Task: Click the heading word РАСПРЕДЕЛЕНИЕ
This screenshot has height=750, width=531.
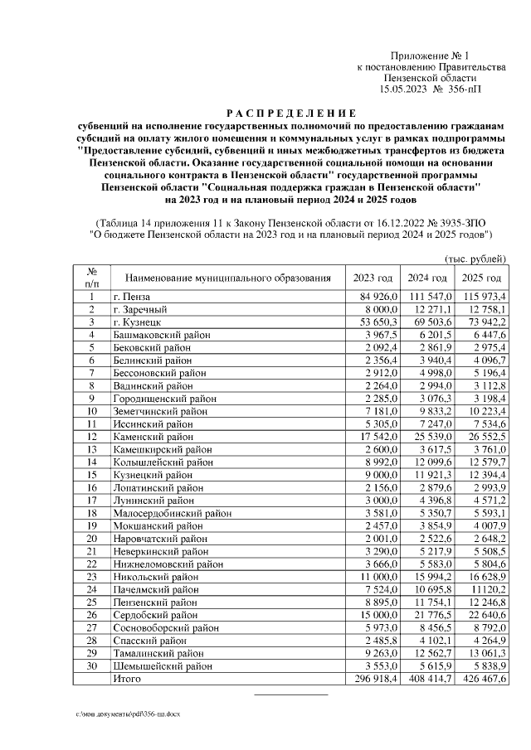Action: tap(291, 113)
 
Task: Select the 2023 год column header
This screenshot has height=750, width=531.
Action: tap(373, 278)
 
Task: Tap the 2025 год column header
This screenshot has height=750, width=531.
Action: tap(482, 278)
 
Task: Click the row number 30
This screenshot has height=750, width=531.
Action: tap(91, 666)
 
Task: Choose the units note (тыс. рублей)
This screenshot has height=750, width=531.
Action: tap(476, 259)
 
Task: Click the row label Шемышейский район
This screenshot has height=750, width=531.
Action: tap(157, 666)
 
